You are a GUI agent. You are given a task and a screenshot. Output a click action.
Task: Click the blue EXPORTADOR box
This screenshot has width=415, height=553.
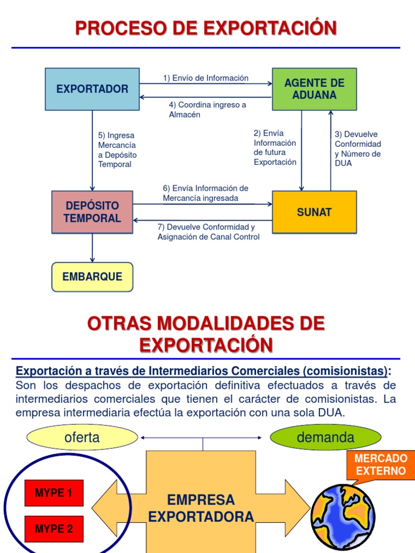point(92,89)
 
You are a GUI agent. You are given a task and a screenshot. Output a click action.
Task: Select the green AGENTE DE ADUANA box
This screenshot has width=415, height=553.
point(314,89)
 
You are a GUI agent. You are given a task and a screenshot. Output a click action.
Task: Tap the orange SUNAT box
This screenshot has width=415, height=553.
point(314,212)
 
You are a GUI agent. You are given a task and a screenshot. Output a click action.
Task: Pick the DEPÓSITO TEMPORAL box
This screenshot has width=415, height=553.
point(92,212)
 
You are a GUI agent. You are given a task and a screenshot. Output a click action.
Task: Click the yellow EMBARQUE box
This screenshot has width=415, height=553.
point(92,277)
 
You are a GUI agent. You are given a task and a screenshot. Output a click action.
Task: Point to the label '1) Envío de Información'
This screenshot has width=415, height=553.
point(206,78)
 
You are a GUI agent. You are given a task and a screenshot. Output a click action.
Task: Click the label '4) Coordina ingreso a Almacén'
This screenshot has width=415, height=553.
point(207,110)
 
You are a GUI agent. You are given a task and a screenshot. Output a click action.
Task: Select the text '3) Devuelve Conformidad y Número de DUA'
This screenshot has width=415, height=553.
point(358,149)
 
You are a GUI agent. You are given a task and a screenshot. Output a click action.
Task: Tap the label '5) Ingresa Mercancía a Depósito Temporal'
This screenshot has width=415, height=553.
point(117,150)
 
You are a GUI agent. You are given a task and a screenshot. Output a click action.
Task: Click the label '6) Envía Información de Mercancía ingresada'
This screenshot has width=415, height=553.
point(205,193)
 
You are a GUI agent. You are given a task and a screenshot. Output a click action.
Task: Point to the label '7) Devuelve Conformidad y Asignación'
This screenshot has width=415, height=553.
point(208,232)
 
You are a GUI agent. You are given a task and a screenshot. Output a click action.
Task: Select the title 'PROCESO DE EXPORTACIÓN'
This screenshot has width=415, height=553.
point(206,28)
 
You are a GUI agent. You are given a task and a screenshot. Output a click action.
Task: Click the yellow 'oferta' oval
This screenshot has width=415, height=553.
point(82,437)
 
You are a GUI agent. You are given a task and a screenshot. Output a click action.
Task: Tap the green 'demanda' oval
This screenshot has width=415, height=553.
point(325,437)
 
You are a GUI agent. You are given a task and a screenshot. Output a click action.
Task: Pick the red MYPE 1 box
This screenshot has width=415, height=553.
point(53,493)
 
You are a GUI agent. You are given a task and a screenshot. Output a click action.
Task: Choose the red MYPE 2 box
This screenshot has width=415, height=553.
point(53,529)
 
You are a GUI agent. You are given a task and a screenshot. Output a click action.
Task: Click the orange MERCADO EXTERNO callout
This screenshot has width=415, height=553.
point(380,464)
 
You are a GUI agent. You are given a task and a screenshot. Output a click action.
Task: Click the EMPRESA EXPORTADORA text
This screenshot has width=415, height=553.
point(201,508)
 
